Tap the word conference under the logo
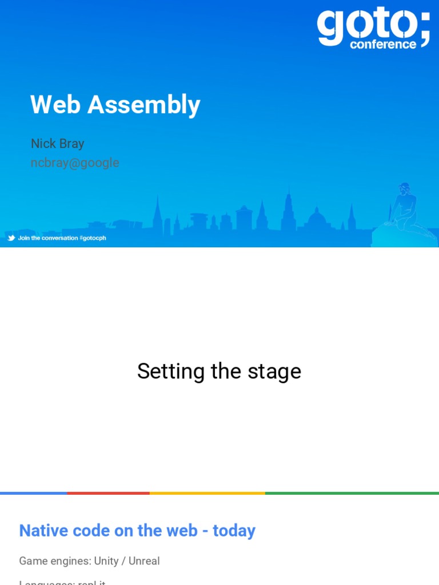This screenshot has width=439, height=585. [383, 45]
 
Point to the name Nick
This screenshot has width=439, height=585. [42, 143]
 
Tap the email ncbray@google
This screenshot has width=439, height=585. [75, 163]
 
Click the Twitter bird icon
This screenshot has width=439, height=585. [11, 238]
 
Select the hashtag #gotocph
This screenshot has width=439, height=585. [93, 238]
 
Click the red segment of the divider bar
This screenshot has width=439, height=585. [108, 492]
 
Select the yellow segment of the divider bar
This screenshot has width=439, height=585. [207, 492]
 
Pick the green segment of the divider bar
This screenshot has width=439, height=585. [352, 492]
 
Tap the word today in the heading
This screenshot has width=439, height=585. [234, 531]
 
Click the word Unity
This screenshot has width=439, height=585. [106, 561]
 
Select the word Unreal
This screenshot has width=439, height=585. [144, 561]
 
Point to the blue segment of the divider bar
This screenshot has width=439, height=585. [33, 492]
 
